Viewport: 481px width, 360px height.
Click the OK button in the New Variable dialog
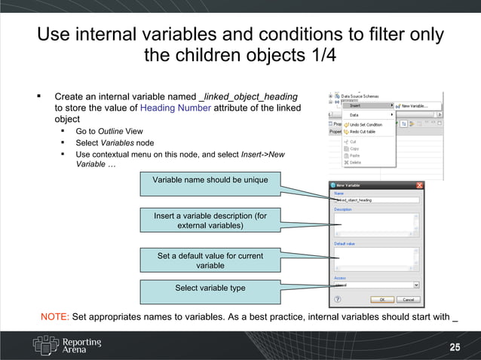(382, 300)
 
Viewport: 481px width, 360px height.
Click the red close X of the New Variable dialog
(419, 185)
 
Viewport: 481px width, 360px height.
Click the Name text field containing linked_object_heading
(376, 200)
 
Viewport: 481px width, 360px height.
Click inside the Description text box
(376, 224)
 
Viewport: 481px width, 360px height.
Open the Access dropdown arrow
(416, 285)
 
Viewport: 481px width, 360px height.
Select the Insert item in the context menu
(356, 105)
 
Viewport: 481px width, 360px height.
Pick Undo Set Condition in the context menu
(366, 124)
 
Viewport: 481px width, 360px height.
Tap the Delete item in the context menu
(355, 162)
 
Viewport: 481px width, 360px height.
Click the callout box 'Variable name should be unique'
(210, 180)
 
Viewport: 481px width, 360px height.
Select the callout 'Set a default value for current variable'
(210, 261)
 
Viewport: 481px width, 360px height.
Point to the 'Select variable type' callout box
(210, 288)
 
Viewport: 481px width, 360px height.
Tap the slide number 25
(455, 347)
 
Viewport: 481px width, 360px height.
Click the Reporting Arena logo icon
(44, 345)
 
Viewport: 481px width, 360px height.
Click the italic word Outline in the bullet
(111, 131)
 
